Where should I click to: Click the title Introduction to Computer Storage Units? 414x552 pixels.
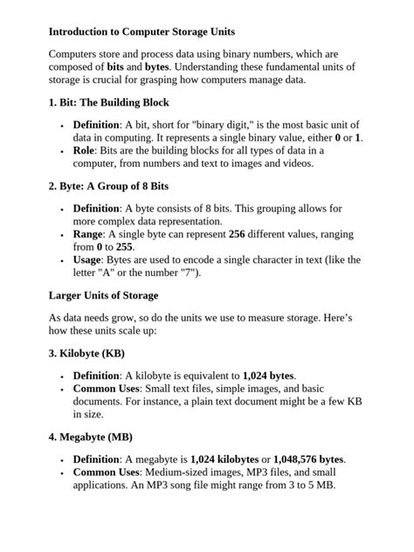pos(141,32)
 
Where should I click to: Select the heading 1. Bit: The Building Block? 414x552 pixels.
pos(109,102)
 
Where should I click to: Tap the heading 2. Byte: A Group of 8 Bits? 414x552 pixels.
pos(108,186)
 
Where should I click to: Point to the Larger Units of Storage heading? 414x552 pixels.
pos(103,295)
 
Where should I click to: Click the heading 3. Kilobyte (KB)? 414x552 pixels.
pos(86,354)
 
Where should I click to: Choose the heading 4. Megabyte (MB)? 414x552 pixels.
pos(90,437)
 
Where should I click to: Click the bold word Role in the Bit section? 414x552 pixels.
pos(85,150)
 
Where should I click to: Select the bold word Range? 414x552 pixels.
pos(90,234)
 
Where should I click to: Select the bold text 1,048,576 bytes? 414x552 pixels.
pos(309,459)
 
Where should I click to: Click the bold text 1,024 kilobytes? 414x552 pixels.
pos(224,459)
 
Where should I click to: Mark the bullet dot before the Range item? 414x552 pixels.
pos(62,235)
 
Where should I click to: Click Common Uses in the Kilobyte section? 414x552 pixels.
pos(107,389)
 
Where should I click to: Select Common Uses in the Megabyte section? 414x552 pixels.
pos(107,473)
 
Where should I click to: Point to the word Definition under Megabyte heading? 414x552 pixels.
pos(96,459)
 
